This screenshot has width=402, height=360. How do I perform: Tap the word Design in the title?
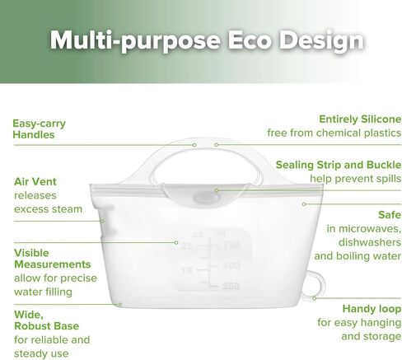pos(321,41)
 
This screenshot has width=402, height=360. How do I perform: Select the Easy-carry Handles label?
pos(40,129)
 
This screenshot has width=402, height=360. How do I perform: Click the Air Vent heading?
pos(35,181)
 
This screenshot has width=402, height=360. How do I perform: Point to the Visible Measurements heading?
pos(52,259)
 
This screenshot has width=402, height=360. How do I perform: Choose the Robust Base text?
pos(46,326)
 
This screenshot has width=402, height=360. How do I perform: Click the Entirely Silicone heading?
pos(360,119)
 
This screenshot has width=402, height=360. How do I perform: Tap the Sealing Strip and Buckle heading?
pos(339,165)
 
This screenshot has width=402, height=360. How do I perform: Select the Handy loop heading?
pos(372,309)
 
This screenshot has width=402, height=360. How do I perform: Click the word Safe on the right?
pos(390,215)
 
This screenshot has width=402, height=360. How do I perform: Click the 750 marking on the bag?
pos(231,245)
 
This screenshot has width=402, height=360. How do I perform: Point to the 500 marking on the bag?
pos(231,265)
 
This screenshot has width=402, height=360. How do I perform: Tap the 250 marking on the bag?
pos(231,286)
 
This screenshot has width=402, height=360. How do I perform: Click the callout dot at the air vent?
pos(102,221)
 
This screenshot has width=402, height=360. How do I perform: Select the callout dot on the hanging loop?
pos(314,298)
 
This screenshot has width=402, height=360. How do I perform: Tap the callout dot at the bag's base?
pos(120,304)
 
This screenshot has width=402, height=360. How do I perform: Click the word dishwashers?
pos(370,242)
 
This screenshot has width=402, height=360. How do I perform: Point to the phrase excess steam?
pos(48,209)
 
